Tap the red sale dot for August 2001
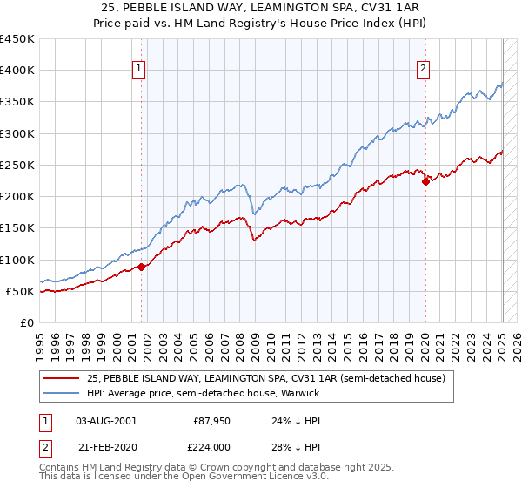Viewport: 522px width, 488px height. [142, 267]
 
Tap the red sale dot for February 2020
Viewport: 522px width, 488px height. [425, 181]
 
